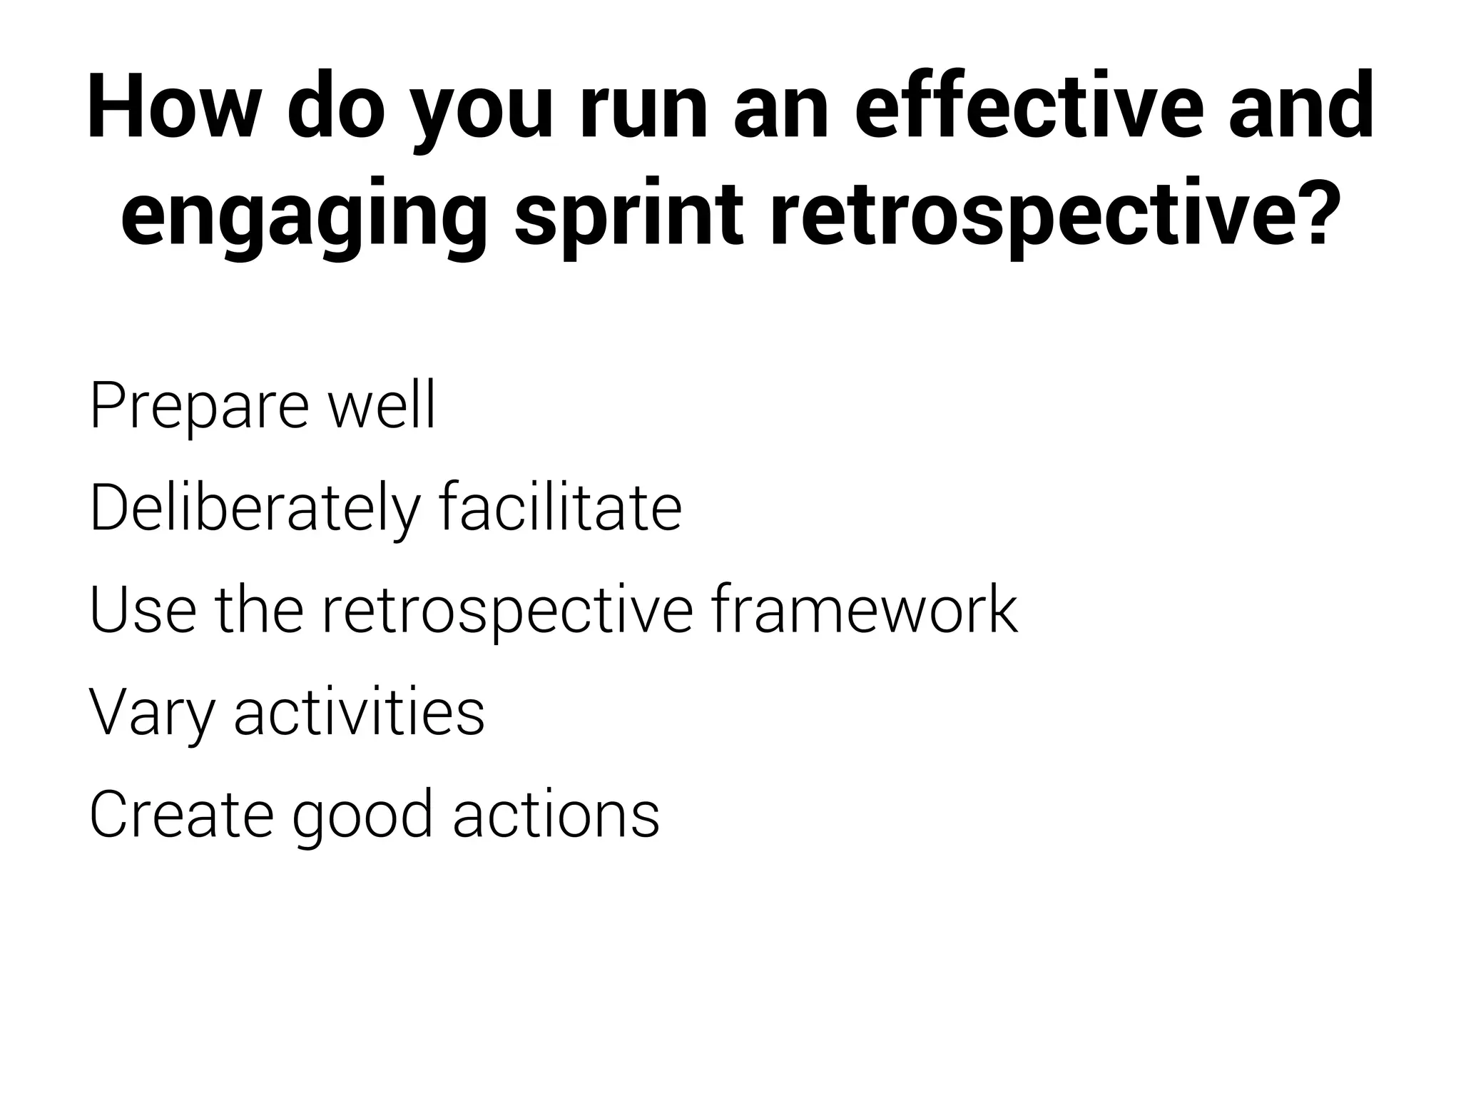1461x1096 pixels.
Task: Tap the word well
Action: [382, 407]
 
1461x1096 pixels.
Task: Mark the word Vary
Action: [151, 714]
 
